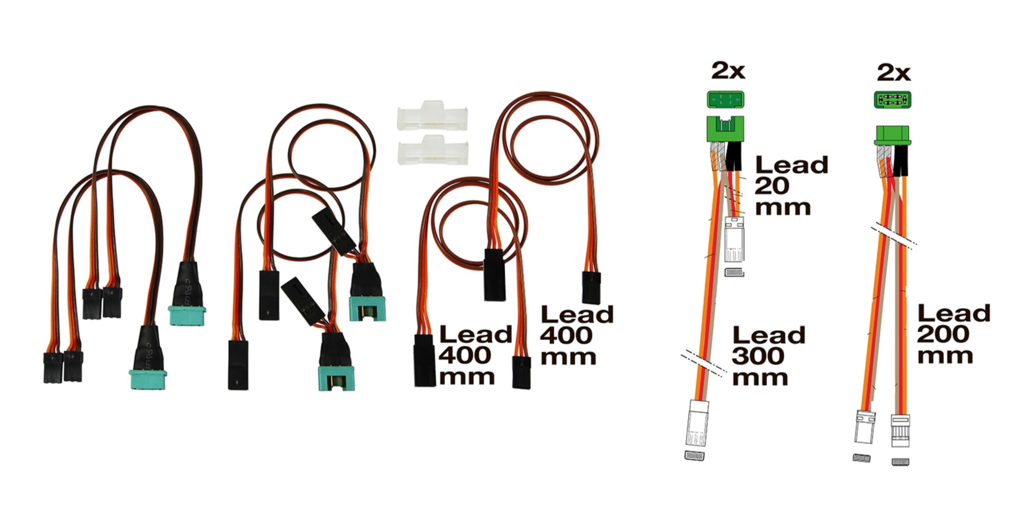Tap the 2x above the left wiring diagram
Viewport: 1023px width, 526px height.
pos(728,71)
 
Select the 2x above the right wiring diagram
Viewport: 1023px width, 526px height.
pos(894,73)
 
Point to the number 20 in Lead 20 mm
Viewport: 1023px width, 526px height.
pos(772,186)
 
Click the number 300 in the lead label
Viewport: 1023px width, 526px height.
pos(758,356)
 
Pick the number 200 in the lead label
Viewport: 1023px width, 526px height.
pos(943,334)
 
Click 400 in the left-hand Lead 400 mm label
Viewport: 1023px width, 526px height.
pos(465,355)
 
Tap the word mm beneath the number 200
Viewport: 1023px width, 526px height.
pos(945,356)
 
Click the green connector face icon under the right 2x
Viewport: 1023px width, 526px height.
pos(893,100)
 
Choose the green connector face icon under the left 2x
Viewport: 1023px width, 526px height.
pos(726,99)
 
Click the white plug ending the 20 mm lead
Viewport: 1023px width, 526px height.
pos(735,239)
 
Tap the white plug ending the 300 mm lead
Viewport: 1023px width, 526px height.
pos(697,423)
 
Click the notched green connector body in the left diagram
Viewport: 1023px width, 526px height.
pos(726,129)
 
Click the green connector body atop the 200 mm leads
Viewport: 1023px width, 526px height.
pos(893,135)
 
